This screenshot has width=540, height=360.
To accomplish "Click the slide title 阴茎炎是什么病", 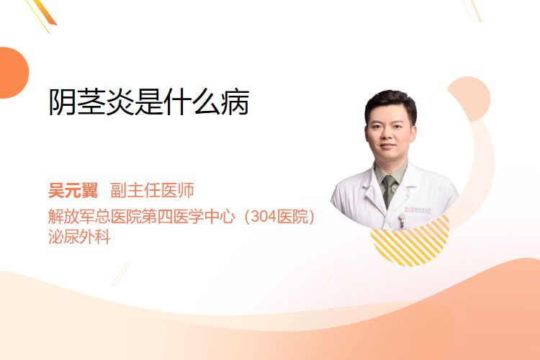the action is pos(149,102).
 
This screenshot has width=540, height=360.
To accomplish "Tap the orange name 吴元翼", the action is pos(73,190).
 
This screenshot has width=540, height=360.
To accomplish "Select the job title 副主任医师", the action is pos(152,190).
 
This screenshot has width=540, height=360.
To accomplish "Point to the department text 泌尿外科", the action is pos(79,237).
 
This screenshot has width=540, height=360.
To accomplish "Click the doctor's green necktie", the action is pos(389,191).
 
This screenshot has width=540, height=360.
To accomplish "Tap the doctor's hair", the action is pos(391,104).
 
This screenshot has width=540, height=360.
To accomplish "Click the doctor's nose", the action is pos(389,135).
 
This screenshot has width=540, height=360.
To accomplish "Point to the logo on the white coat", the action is pos(418,210).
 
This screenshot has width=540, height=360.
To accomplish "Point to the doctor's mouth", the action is pos(388,146).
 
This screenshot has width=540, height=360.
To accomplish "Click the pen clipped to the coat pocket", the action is pos(402,220).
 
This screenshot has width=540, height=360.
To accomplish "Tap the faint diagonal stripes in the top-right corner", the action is pos(472,10).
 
